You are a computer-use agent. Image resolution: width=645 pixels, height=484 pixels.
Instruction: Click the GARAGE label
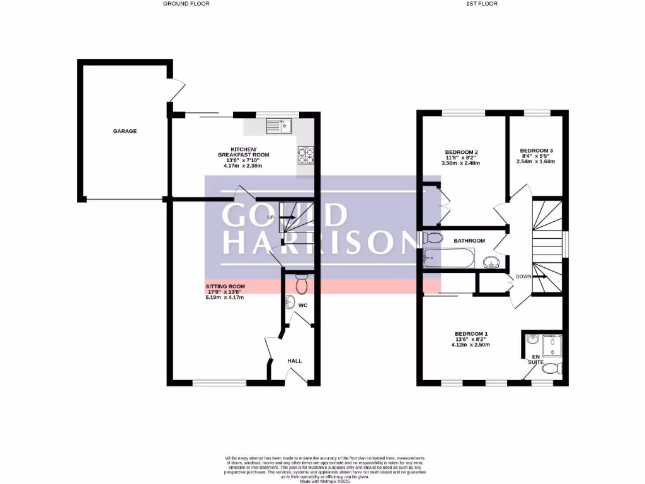click(x=125, y=131)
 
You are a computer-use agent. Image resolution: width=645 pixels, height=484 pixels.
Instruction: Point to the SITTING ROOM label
click(x=225, y=286)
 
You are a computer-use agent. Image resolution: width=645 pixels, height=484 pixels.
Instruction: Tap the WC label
click(x=302, y=306)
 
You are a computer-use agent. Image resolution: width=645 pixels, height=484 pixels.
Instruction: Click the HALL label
click(x=294, y=361)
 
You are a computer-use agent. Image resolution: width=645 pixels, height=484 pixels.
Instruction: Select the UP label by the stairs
click(x=270, y=217)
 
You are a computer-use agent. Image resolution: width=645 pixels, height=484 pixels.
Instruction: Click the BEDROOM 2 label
click(x=461, y=152)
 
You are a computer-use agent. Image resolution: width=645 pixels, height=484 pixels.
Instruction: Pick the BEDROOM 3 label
click(x=536, y=151)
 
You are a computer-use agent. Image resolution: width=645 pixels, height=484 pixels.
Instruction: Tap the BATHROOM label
click(x=469, y=241)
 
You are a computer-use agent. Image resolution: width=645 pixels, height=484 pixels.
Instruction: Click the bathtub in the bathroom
click(x=448, y=258)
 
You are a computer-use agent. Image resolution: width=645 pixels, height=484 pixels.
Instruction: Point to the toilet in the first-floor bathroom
click(x=432, y=239)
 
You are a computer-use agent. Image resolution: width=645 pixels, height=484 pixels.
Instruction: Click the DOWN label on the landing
click(x=523, y=276)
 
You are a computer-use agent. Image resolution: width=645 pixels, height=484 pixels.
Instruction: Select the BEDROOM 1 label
click(x=471, y=333)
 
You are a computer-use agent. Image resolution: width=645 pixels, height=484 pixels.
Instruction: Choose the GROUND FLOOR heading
click(x=186, y=4)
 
